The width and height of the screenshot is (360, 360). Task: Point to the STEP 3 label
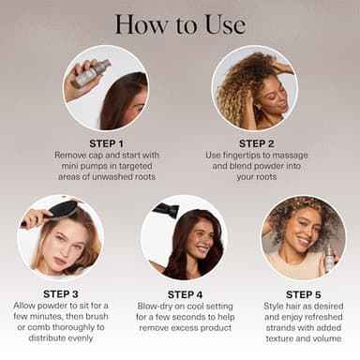[61, 293]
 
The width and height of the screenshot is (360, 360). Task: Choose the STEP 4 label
[182, 293]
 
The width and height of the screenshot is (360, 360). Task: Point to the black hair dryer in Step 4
[168, 210]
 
